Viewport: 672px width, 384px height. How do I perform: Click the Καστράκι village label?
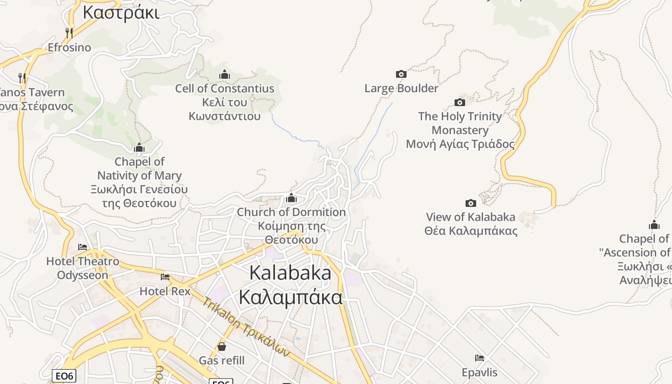pos(120,12)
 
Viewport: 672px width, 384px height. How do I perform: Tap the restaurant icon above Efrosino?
pos(69,33)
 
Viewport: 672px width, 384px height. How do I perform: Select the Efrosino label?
pos(69,48)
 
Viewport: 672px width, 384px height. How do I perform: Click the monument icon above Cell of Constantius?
pos(224,74)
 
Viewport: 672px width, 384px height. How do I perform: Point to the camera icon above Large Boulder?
pos(401,74)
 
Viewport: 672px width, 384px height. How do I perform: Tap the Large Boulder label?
pos(401,88)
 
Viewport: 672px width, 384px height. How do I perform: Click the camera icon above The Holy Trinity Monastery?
pos(460,102)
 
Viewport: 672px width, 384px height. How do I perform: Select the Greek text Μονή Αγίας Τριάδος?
pos(460,144)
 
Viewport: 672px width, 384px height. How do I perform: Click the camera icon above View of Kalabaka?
pos(471,203)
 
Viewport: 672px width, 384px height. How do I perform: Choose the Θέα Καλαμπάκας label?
pos(471,231)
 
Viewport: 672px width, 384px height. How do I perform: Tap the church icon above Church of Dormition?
pos(291,198)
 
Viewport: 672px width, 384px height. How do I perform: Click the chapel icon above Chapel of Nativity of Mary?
pos(139,147)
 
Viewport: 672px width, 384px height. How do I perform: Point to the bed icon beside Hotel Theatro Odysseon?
pos(83,247)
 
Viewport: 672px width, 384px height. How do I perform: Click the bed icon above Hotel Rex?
pos(165,277)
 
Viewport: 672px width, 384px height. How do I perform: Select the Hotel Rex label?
pos(165,291)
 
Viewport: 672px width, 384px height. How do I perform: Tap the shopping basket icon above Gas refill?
pos(222,346)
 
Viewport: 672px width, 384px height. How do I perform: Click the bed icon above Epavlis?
pos(480,358)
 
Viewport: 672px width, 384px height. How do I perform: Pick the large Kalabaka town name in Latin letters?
pos(290,273)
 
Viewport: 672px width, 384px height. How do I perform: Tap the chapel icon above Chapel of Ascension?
pos(654,225)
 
